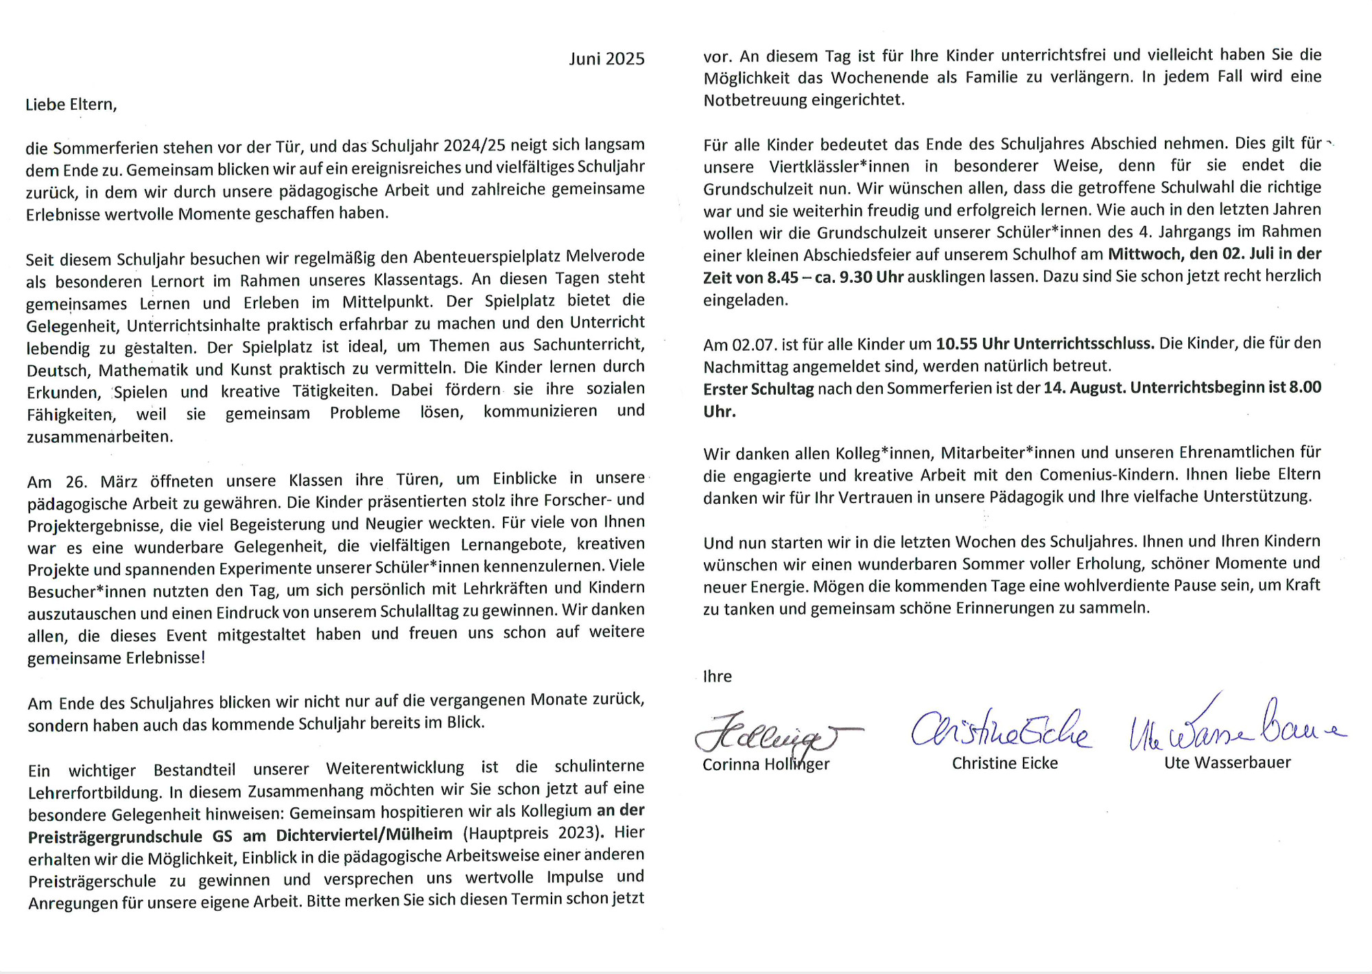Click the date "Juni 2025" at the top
[x=606, y=59]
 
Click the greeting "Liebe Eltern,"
[x=71, y=104]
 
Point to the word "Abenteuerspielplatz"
[x=488, y=257]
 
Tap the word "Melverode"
[x=605, y=256]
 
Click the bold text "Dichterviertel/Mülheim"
[x=364, y=835]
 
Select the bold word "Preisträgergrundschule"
[x=115, y=837]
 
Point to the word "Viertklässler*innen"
[x=839, y=167]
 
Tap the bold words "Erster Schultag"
[x=758, y=389]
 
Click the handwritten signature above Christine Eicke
[x=1000, y=730]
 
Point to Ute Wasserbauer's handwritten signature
[x=1235, y=728]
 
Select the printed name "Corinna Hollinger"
[x=766, y=765]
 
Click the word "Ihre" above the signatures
[x=717, y=677]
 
